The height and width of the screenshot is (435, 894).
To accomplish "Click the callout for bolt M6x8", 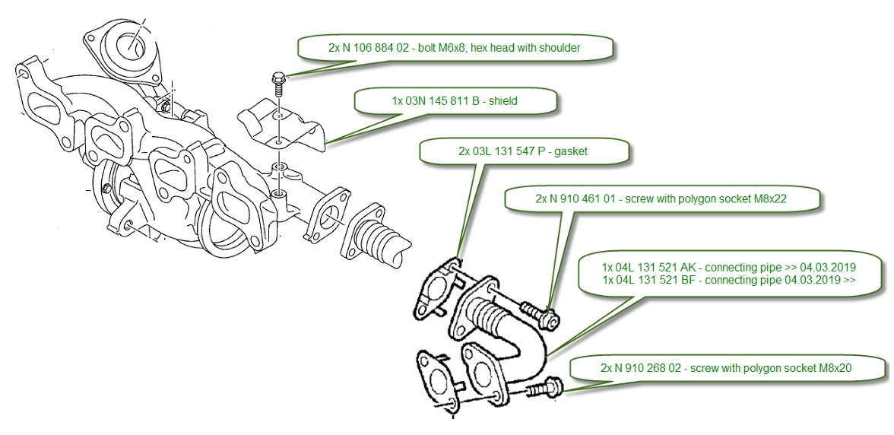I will tap(454, 47).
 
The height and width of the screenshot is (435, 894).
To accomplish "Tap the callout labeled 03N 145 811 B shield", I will tap(457, 100).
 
